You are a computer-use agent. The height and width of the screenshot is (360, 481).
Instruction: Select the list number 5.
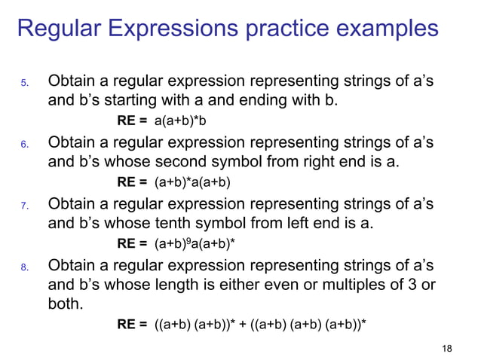(x=24, y=82)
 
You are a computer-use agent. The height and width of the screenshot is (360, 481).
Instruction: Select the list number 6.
(x=24, y=143)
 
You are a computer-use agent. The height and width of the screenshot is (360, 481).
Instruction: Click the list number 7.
(x=24, y=205)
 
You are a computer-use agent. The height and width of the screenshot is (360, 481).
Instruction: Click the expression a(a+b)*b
(x=179, y=121)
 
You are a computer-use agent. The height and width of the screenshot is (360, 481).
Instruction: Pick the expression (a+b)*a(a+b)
(x=192, y=182)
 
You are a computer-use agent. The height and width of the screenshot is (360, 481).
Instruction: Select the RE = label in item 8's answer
(x=132, y=325)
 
